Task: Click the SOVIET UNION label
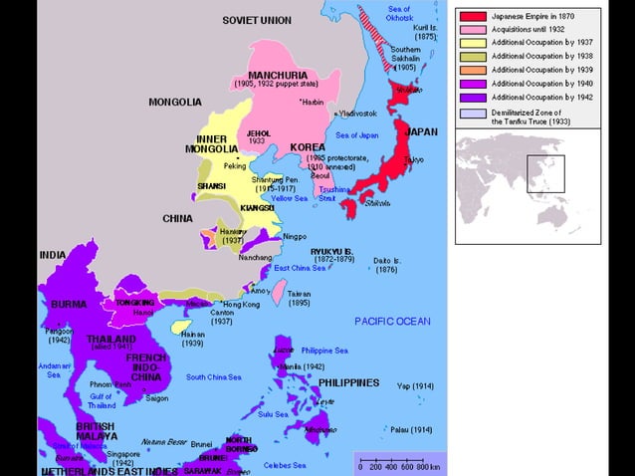pos(257,20)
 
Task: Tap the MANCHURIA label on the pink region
pos(276,75)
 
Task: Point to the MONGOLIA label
pos(175,102)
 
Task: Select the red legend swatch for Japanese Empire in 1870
pos(473,17)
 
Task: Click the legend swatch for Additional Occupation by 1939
pos(473,70)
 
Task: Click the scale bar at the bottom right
pos(399,463)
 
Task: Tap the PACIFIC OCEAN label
pos(392,321)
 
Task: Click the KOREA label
pos(308,146)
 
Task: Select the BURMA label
pos(69,304)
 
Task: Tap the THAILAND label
pos(110,339)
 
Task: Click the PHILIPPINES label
pos(348,382)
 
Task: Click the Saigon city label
pos(156,398)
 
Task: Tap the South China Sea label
pos(213,377)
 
